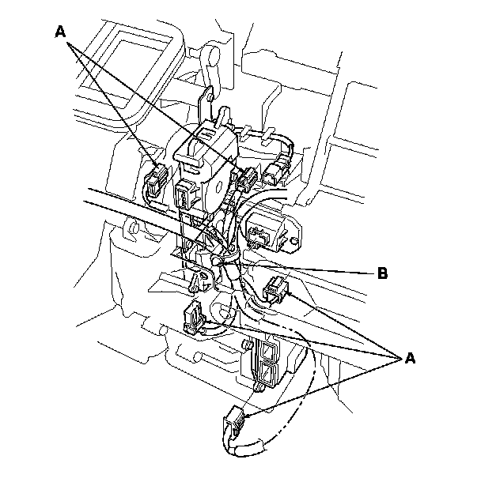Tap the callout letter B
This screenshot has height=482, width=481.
382,273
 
